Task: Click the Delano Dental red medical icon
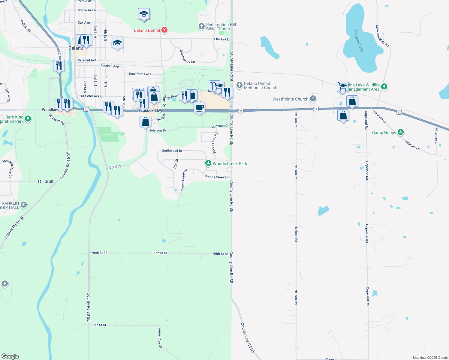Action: [164, 30]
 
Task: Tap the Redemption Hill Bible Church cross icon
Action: [202, 26]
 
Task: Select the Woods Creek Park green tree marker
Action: [208, 163]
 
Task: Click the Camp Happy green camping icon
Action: [400, 132]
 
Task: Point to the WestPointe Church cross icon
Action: [313, 99]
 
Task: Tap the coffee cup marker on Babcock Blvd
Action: [199, 108]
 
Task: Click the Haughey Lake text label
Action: [359, 40]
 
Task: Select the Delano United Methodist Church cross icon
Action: [239, 85]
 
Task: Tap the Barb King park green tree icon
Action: [28, 119]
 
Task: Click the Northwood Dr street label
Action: [172, 151]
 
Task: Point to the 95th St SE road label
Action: [99, 325]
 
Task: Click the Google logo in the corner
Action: [10, 356]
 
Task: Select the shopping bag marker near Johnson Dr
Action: [145, 122]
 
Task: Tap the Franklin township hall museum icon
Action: [24, 205]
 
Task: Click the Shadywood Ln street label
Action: [187, 57]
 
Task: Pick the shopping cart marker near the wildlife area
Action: [342, 86]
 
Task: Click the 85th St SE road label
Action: [45, 181]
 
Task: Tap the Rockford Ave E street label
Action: [140, 74]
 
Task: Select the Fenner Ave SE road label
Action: [160, 338]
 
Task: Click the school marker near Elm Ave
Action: [117, 43]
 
